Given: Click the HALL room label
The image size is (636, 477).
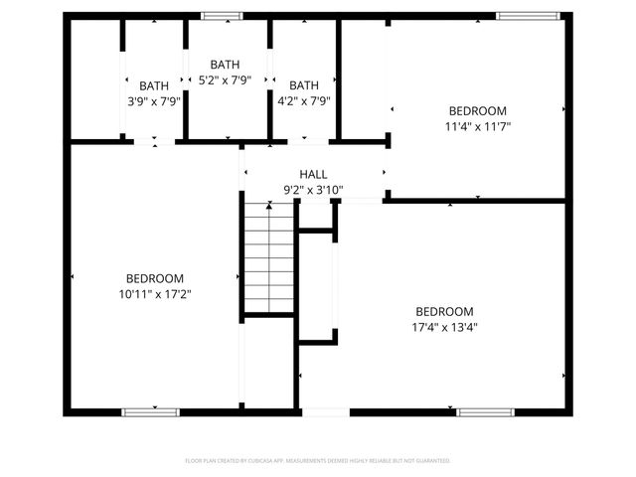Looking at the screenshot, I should point(313,174).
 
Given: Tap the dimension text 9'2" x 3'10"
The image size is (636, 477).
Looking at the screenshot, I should point(313,190).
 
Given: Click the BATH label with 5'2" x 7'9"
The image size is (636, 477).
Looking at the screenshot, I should point(225,65).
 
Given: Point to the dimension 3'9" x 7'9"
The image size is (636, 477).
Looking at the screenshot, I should point(153,100).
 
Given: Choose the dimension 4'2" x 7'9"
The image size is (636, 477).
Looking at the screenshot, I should point(303,100).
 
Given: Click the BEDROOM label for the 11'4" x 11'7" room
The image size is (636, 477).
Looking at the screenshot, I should point(477,110).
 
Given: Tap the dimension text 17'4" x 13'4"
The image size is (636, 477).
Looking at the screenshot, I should point(444,326).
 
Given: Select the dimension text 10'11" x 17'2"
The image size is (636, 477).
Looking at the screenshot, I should point(154,294).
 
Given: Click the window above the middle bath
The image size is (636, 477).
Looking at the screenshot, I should point(222,16).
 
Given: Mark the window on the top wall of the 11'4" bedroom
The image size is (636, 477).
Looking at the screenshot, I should point(521,16).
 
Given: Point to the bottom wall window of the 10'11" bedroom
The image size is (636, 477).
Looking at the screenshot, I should point(150,410).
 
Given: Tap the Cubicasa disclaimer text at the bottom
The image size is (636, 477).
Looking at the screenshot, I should point(318,461).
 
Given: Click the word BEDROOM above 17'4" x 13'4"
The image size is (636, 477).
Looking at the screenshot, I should point(444,310).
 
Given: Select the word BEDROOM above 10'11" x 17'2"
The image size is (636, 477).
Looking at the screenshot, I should point(154,278).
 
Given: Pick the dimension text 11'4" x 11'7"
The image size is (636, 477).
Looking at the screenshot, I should point(477,126).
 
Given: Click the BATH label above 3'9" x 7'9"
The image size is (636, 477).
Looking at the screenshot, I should point(153,85).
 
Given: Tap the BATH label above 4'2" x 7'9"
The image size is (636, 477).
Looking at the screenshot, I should point(303,85).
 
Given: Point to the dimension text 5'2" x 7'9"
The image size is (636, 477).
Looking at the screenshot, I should point(225,79).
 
